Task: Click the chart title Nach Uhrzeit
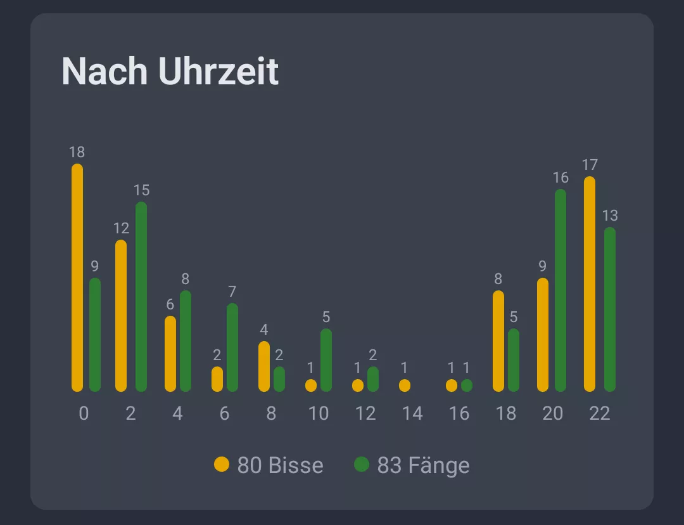coord(170,71)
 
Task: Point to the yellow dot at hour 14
coord(405,386)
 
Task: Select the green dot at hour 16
coord(467,386)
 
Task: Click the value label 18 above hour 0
coord(77,152)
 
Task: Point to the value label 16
coord(560,178)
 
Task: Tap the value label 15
coord(141,190)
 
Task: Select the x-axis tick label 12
coord(365,413)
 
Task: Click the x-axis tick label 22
coord(599,413)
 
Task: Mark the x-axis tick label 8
coord(271,413)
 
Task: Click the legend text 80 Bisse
coord(280,465)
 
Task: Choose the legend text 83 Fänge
coord(423,465)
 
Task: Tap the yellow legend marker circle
coord(222,464)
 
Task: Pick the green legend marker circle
coord(362,464)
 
